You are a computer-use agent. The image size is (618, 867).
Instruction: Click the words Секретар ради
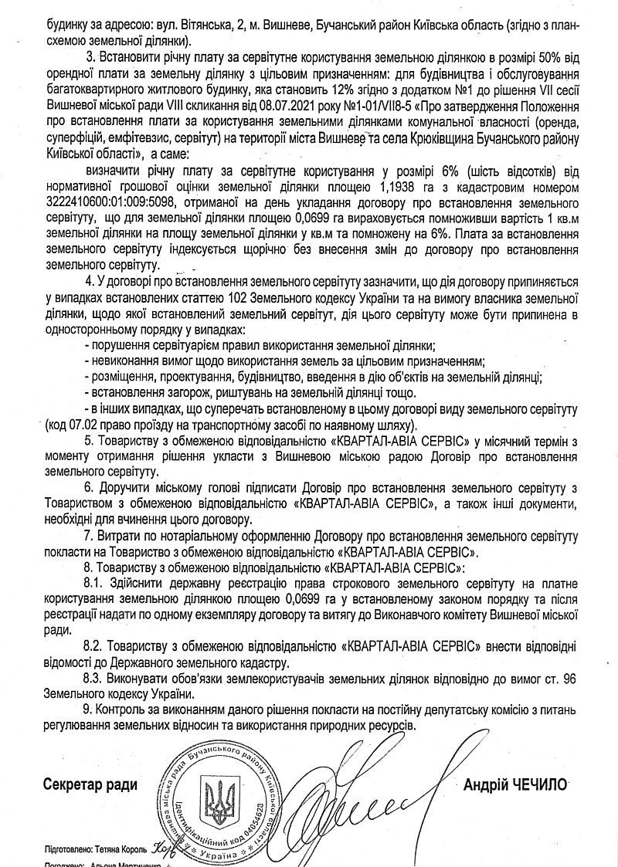(x=90, y=785)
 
